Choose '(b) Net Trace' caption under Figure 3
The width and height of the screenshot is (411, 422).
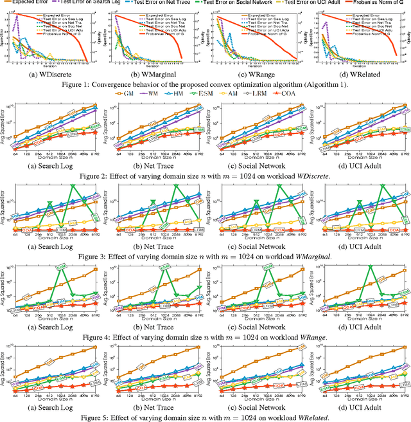coord(156,248)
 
